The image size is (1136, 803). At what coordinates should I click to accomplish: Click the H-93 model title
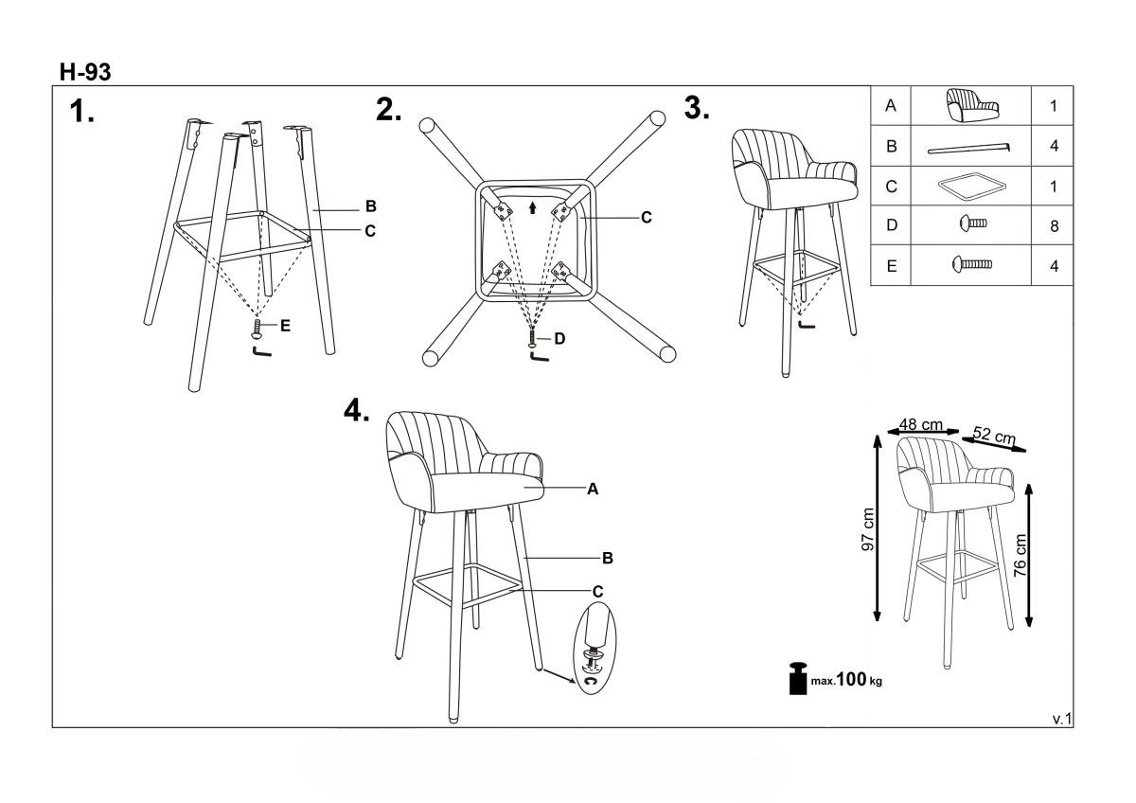(x=84, y=72)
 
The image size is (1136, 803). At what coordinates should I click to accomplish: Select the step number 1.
(x=81, y=111)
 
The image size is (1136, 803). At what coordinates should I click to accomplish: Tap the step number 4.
(x=357, y=410)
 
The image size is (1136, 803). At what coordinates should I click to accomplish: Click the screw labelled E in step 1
(x=257, y=329)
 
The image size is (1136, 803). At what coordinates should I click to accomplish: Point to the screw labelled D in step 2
(x=531, y=338)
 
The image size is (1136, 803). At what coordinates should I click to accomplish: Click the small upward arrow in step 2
(x=532, y=207)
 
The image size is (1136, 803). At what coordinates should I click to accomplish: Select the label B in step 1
(x=371, y=206)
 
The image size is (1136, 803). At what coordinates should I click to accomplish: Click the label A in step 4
(x=593, y=489)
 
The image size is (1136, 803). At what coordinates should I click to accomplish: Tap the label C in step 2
(x=646, y=218)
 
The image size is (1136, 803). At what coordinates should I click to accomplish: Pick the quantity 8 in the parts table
(x=1055, y=226)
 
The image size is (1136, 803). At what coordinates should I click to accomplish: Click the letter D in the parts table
(x=892, y=225)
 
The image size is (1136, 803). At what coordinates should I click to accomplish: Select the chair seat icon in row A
(x=972, y=105)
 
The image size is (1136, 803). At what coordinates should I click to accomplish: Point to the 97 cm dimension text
(x=868, y=529)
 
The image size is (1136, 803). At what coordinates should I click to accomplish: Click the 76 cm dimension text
(x=1021, y=555)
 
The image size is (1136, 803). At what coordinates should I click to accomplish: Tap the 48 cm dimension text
(x=921, y=424)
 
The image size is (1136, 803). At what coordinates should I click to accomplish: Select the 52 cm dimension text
(x=995, y=435)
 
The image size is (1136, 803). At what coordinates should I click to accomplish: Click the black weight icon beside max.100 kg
(x=798, y=678)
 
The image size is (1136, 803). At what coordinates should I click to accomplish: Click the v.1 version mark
(x=1062, y=719)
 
